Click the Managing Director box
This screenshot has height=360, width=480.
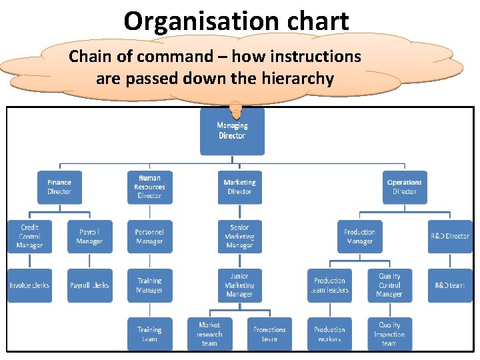tap(232, 131)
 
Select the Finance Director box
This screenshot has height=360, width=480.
tap(59, 187)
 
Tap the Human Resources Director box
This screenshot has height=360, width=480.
tap(149, 187)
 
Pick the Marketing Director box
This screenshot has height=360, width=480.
tap(239, 187)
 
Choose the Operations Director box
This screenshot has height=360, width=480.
tap(404, 187)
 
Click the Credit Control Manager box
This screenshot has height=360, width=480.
tap(29, 237)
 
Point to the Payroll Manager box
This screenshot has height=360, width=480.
tap(89, 237)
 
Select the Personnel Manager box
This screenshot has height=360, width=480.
tap(149, 237)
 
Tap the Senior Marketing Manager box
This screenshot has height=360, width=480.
tap(239, 237)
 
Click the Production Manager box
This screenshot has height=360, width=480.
tap(359, 237)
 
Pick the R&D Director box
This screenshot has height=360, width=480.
tap(449, 237)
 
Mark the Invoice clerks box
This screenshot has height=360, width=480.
tap(29, 285)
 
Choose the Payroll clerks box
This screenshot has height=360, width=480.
tap(89, 285)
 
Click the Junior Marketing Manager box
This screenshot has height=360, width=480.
tap(239, 285)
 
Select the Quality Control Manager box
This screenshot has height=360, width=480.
tap(389, 285)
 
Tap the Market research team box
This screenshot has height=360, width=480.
tap(209, 334)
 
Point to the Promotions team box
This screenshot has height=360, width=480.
tap(269, 334)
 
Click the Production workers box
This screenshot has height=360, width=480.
tap(329, 334)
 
